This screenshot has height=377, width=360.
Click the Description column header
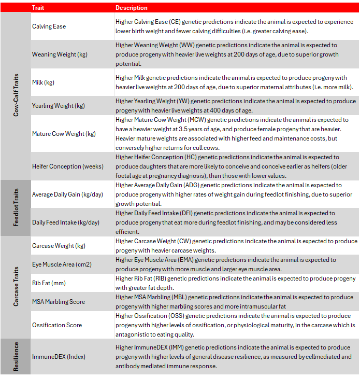pos(131,8)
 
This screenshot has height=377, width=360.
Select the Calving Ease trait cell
pos(49,26)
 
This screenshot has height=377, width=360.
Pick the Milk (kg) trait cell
pos(43,82)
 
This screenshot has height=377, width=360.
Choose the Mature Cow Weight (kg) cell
pos(64,134)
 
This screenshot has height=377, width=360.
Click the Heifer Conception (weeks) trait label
pos(67,166)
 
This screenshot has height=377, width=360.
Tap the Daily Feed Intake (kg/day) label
pos(65,222)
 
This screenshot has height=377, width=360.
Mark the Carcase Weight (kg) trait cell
pos(59,246)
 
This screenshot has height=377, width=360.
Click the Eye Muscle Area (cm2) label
pos(61,264)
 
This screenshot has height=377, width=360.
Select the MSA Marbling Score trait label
pos(59,302)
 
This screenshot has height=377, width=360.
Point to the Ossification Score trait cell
pos(57,325)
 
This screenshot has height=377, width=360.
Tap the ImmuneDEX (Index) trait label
pos(59,357)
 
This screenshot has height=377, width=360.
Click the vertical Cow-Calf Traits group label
pos(16,96)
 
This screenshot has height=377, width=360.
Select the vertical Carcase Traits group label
pos(16,287)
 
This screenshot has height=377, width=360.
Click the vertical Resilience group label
pos(16,357)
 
